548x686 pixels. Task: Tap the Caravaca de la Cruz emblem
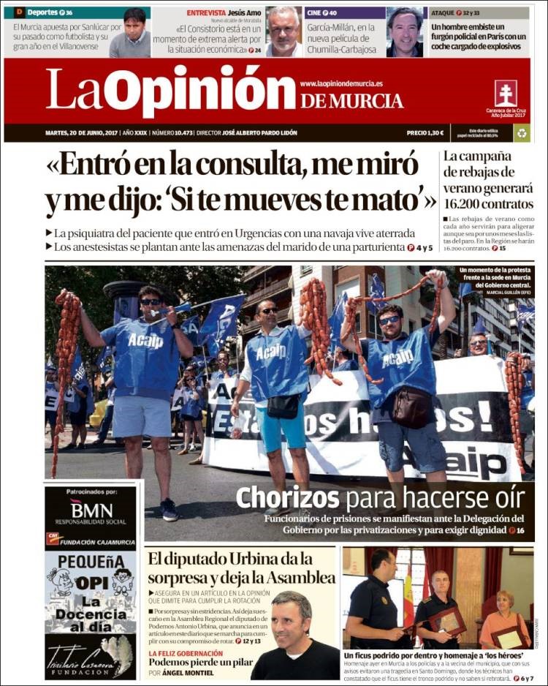506,93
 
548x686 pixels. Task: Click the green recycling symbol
522,132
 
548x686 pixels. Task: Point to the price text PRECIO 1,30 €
425,133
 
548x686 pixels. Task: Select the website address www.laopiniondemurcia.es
341,84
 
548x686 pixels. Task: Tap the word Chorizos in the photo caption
288,499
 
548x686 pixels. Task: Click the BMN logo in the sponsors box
91,510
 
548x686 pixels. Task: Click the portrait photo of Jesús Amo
283,31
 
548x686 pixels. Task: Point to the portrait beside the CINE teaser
405,31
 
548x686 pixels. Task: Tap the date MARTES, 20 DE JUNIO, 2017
81,133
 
